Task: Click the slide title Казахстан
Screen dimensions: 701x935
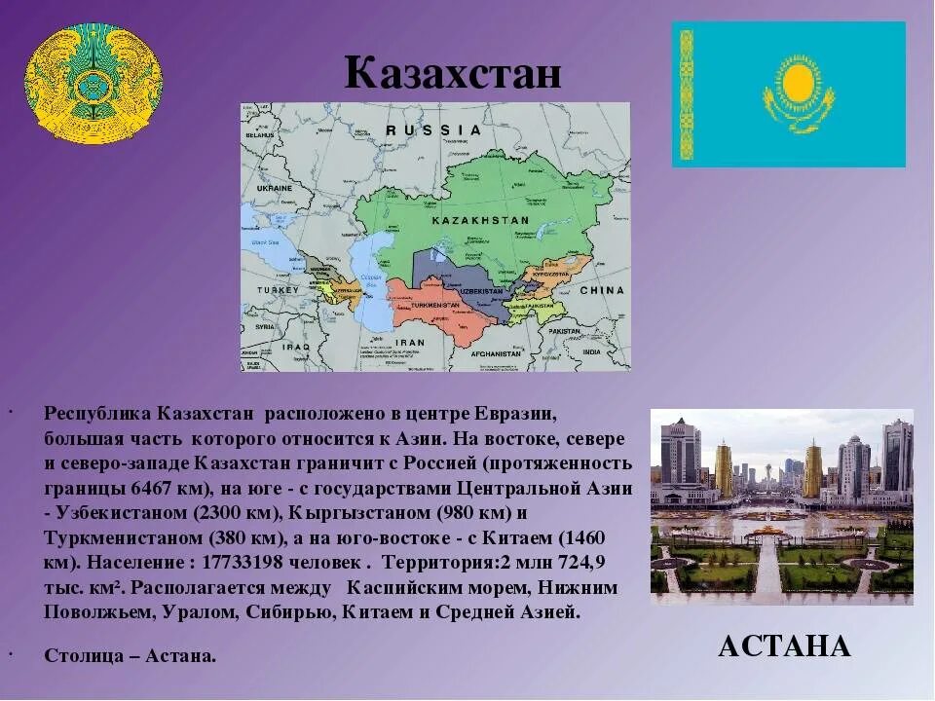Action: click(453, 73)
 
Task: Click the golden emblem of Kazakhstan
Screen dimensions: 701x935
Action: click(93, 81)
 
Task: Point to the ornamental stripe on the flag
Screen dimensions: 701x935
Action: click(686, 94)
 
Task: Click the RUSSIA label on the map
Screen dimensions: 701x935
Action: click(433, 129)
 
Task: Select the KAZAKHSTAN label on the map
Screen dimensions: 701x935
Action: click(480, 221)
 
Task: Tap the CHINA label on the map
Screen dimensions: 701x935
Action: click(601, 290)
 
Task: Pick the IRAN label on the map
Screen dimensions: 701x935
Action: click(411, 342)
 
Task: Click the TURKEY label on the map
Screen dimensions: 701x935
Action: click(278, 290)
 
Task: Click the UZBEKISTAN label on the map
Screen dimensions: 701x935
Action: click(481, 291)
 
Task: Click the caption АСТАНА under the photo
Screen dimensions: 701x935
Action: click(784, 646)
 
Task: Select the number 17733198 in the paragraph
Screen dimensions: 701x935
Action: click(284, 564)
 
